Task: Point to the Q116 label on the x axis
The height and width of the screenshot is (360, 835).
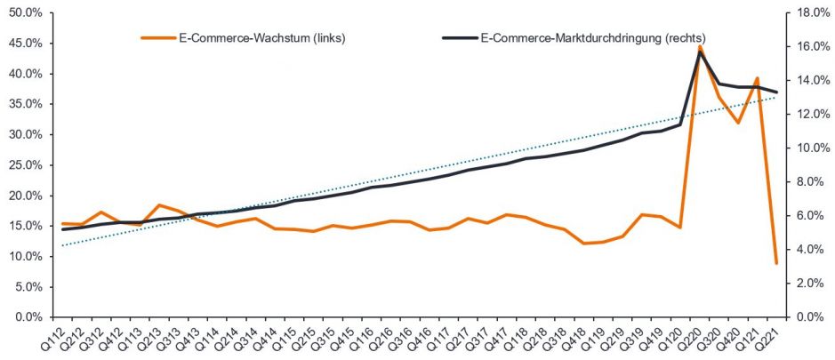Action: coord(361,340)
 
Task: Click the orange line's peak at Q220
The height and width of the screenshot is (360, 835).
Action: coord(700,46)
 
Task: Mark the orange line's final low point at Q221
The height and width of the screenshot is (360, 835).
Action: coord(776,263)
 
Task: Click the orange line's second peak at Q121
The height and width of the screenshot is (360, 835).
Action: coord(757,78)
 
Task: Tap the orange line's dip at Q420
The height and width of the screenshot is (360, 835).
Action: coord(738,123)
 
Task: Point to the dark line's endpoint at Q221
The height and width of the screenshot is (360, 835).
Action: coord(776,92)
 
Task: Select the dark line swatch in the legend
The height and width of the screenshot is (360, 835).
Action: coord(459,38)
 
